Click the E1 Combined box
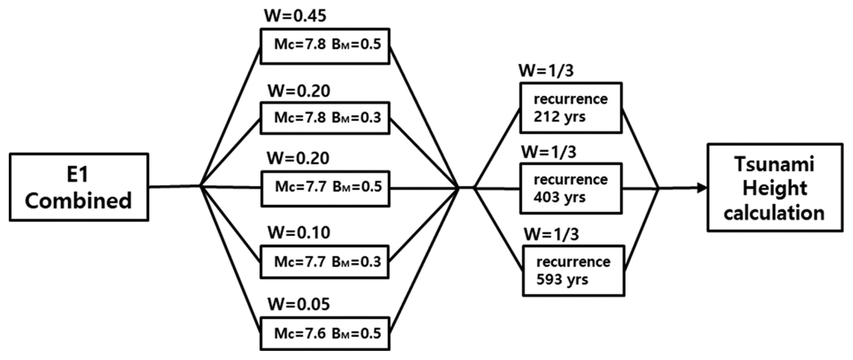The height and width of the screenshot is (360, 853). tap(79, 187)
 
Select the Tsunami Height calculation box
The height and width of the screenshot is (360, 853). tap(775, 188)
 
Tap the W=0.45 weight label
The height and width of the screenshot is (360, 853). tap(295, 15)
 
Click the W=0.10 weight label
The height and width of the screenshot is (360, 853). tap(299, 232)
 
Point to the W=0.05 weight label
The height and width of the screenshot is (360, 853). tap(299, 304)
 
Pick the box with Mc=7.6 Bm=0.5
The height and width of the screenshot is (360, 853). tap(325, 334)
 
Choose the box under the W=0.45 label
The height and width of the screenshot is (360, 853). tap(325, 46)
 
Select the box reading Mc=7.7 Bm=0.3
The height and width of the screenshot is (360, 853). tap(324, 262)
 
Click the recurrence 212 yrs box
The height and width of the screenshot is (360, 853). tap(571, 108)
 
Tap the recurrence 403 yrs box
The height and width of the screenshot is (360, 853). tap(571, 188)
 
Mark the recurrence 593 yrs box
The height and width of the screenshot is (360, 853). tap(573, 271)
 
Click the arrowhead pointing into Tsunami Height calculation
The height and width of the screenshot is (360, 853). tap(701, 188)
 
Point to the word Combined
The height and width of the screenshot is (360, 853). tap(78, 201)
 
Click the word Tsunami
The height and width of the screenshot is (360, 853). tap(774, 164)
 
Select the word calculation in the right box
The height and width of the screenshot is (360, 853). tap(774, 213)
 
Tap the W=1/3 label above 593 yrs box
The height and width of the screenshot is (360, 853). tap(551, 235)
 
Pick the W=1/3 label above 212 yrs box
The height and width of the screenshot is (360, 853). tap(546, 71)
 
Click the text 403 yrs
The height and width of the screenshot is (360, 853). tap(559, 197)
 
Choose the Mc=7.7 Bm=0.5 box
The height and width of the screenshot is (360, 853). tap(325, 189)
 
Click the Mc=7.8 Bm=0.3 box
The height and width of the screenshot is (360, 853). tap(325, 118)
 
